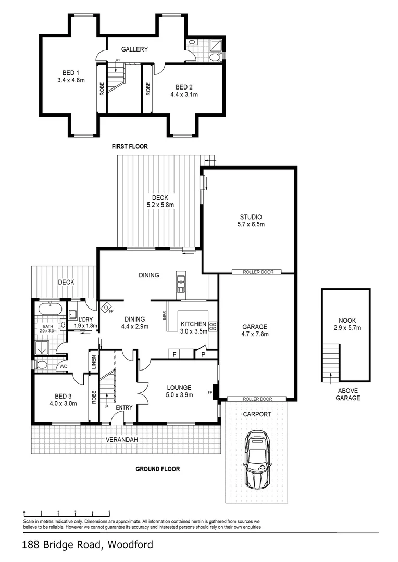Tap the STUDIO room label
click(251, 217)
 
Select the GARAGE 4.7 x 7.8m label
click(255, 330)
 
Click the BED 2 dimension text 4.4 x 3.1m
click(184, 95)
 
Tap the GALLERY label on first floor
click(135, 49)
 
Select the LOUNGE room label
click(179, 387)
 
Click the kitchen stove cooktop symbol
click(213, 327)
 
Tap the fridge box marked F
click(176, 354)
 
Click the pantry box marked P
click(203, 354)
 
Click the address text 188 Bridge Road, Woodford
click(88, 545)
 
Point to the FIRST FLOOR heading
click(130, 147)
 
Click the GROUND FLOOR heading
click(158, 469)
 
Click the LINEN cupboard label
click(94, 363)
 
